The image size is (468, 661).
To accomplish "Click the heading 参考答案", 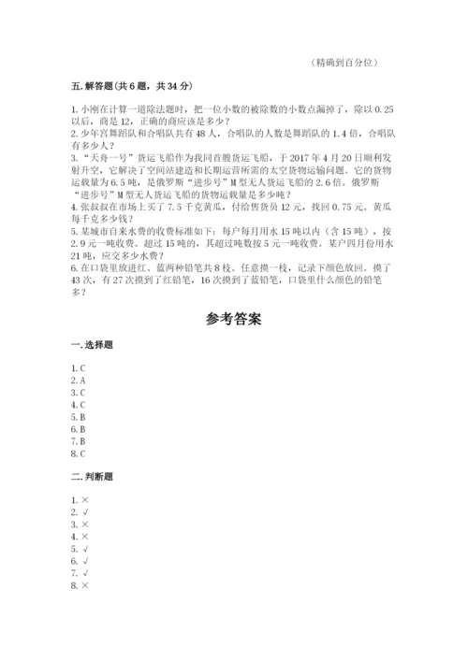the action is click(x=233, y=319).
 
